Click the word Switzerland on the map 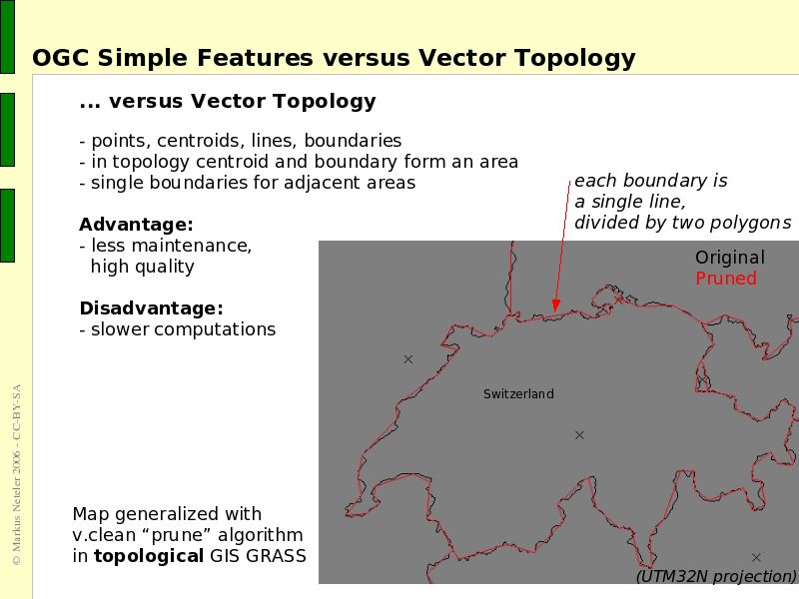pyautogui.click(x=518, y=394)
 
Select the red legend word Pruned pyautogui.click(x=726, y=279)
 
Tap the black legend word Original pyautogui.click(x=730, y=258)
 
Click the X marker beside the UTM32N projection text pyautogui.click(x=756, y=558)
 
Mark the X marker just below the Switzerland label pyautogui.click(x=579, y=435)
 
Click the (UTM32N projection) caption pyautogui.click(x=716, y=576)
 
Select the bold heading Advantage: pyautogui.click(x=136, y=225)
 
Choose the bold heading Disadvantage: pyautogui.click(x=151, y=307)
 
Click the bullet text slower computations pyautogui.click(x=183, y=329)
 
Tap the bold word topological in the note pyautogui.click(x=148, y=556)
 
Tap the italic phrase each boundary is pyautogui.click(x=650, y=181)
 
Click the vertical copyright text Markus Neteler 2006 pyautogui.click(x=16, y=499)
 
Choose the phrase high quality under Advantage pyautogui.click(x=143, y=267)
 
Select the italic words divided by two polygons pyautogui.click(x=682, y=223)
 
